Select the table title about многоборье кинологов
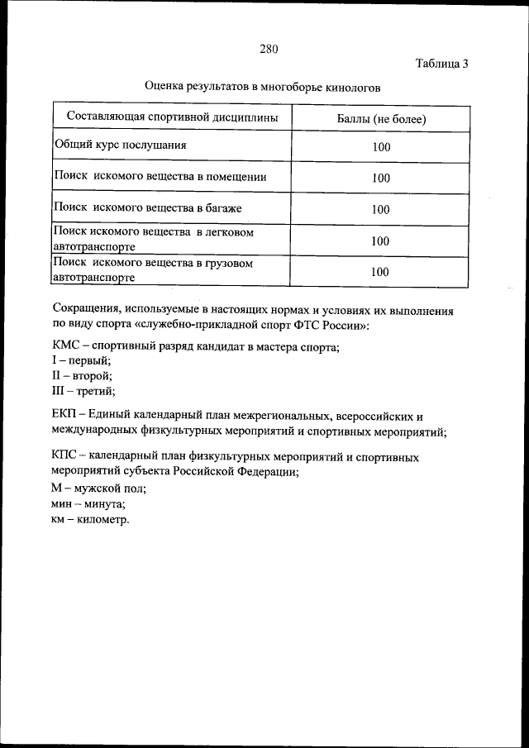click(262, 86)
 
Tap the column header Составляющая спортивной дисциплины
click(172, 118)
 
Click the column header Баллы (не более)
click(380, 119)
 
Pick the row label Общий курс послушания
click(121, 145)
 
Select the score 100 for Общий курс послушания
click(380, 148)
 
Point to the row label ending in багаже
click(148, 207)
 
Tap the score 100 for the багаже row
click(380, 210)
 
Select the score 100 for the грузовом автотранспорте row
click(380, 271)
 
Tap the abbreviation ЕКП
click(66, 416)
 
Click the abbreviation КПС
click(66, 456)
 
